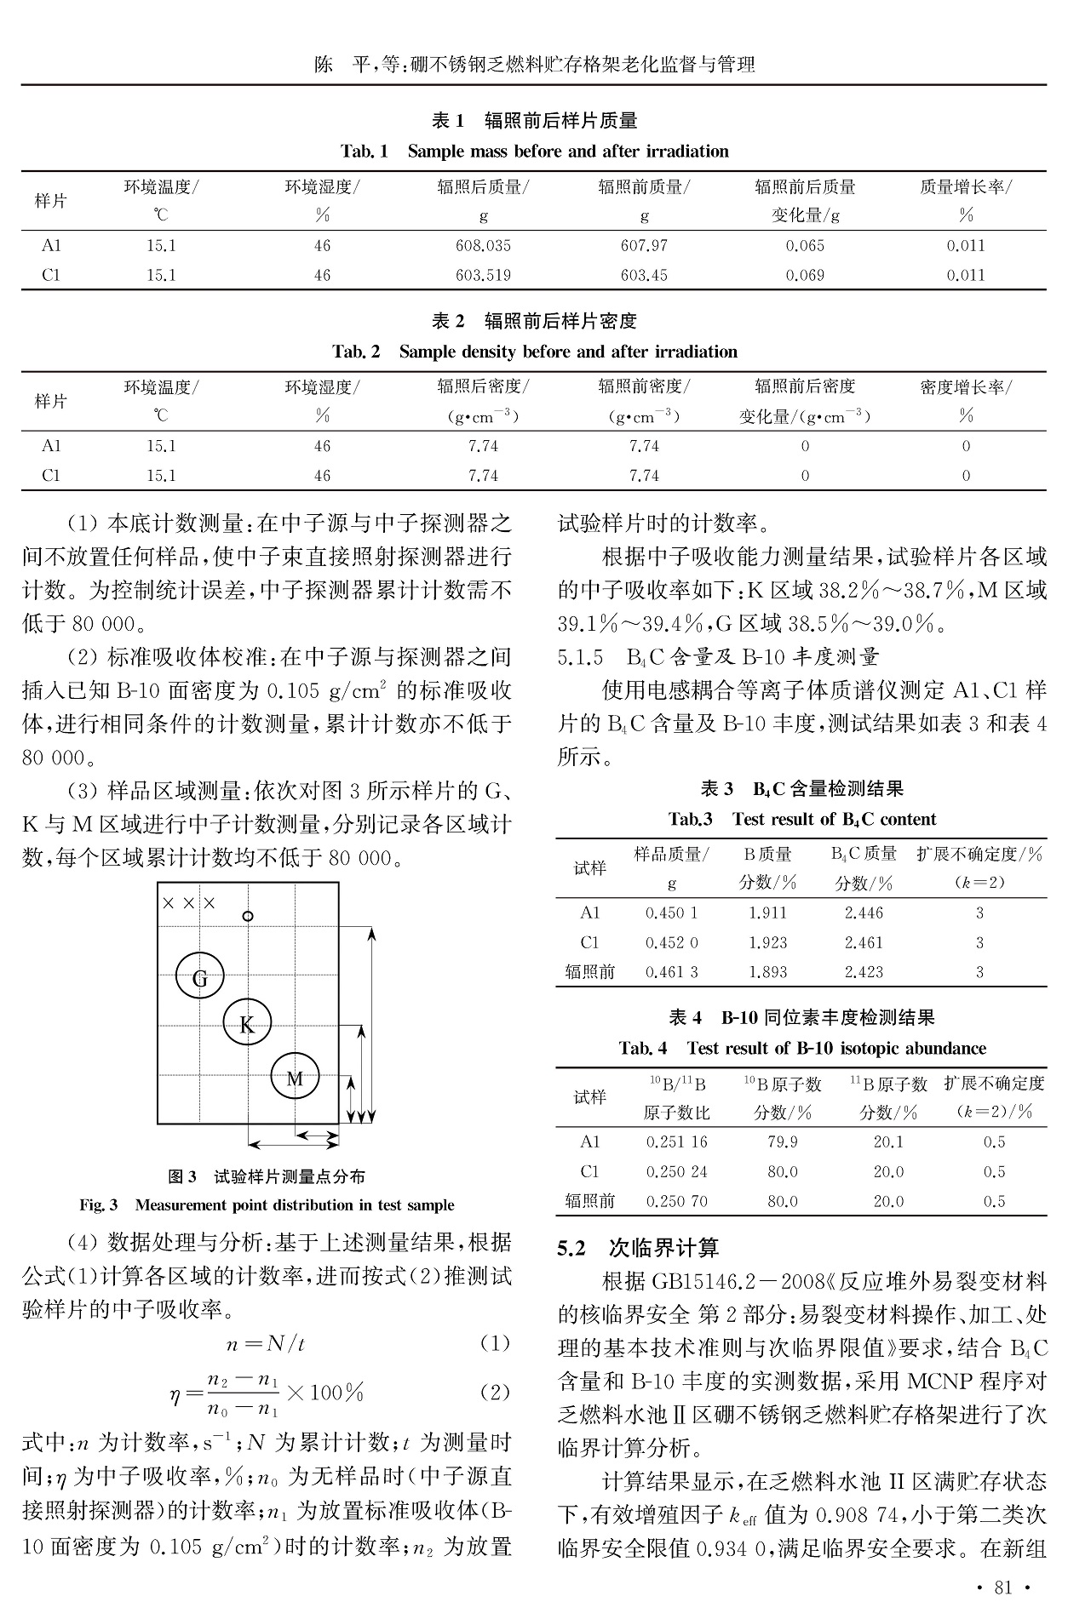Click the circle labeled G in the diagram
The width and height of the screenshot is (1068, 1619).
(x=199, y=977)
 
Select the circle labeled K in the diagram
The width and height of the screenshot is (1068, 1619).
(x=247, y=1024)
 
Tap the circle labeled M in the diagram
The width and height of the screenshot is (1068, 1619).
(x=295, y=1078)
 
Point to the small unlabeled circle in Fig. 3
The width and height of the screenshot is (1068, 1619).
(x=248, y=916)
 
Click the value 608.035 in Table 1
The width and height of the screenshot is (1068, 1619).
(x=483, y=245)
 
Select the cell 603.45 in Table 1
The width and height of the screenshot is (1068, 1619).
(x=644, y=275)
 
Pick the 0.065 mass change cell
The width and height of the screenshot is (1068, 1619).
(x=805, y=245)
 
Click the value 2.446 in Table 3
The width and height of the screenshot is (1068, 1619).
(x=864, y=912)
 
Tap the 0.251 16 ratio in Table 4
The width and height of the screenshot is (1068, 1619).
(x=676, y=1141)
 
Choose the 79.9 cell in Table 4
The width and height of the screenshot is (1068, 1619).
(x=782, y=1141)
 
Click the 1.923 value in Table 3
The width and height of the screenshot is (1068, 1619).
(x=767, y=942)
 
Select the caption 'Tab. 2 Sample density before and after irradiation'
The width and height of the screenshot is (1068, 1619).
(x=534, y=352)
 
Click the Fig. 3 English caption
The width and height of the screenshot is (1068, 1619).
(x=267, y=1204)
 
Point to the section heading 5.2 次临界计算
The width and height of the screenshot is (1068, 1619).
(x=638, y=1248)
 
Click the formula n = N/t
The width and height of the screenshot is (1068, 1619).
(x=266, y=1344)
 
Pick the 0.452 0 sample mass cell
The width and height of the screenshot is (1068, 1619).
(x=671, y=942)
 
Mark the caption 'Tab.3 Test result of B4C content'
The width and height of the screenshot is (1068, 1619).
(x=801, y=819)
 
